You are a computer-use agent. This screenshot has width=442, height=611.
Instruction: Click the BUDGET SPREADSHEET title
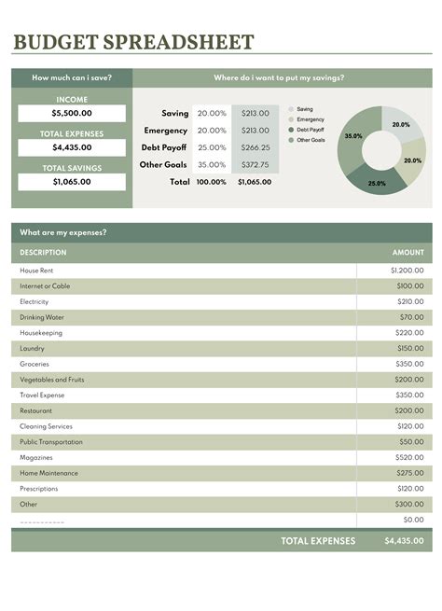(133, 42)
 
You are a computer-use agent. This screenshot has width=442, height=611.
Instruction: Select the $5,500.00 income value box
(72, 113)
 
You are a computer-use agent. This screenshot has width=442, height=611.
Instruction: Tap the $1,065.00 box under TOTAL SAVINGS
(72, 182)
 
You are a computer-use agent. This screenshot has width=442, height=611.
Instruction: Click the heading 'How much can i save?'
(72, 78)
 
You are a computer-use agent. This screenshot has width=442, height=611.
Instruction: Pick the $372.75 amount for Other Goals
(255, 165)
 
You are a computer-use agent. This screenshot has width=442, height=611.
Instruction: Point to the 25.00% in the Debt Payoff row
(212, 147)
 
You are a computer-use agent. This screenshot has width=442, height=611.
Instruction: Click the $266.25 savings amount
(255, 147)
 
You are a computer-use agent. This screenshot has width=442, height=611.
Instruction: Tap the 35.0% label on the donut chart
(353, 136)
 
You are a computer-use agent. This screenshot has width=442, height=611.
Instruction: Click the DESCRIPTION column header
(44, 252)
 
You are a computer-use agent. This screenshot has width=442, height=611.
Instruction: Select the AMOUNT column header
(407, 252)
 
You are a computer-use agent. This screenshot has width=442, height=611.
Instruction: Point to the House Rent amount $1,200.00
(407, 271)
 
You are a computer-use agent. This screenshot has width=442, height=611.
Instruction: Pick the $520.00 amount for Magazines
(408, 457)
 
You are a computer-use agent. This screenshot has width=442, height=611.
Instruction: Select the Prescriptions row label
(39, 489)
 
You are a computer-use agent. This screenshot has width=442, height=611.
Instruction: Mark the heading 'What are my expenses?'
(63, 232)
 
